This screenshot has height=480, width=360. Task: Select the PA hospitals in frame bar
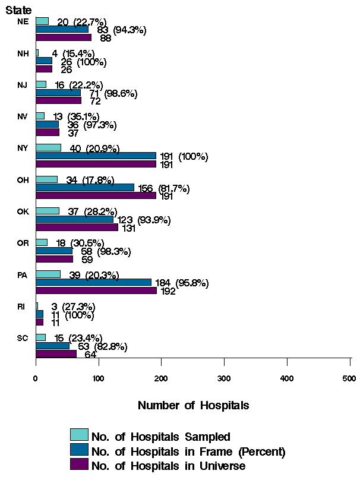(x=93, y=282)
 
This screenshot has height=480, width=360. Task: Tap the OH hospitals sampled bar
(x=46, y=179)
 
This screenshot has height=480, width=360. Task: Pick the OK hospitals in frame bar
(x=74, y=219)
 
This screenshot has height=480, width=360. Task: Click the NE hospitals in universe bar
(x=63, y=37)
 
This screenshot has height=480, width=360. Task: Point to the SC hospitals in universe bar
(x=56, y=354)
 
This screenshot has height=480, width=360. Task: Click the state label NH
(x=23, y=53)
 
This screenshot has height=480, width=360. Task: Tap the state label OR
(x=23, y=242)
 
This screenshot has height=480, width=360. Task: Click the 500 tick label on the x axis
(x=349, y=378)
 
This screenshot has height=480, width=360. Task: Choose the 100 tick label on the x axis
(x=99, y=378)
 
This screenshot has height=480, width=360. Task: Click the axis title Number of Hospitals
(x=193, y=406)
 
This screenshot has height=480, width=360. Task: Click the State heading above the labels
(x=18, y=10)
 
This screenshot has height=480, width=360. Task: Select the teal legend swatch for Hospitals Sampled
(x=79, y=434)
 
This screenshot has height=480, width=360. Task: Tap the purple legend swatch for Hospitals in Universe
(x=79, y=464)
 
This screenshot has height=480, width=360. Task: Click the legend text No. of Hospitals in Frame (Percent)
(x=188, y=451)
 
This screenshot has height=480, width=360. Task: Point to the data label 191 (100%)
(x=184, y=157)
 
